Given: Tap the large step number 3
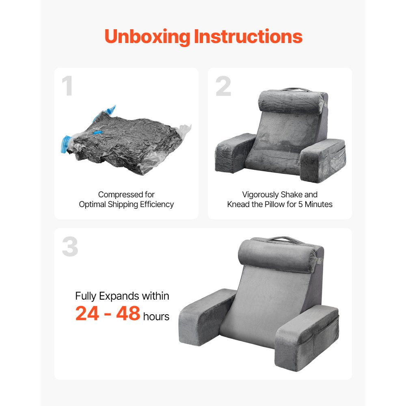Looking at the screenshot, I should [x=70, y=247].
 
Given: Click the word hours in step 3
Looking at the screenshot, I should [x=156, y=316].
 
